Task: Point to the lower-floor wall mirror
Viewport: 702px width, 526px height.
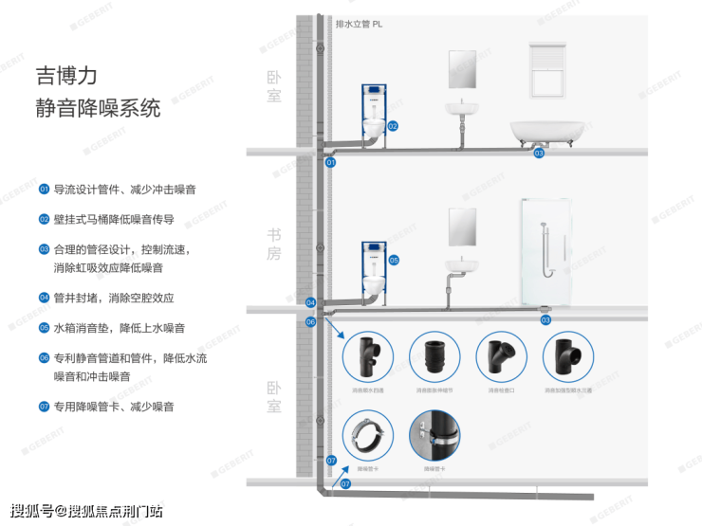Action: pos(463,227)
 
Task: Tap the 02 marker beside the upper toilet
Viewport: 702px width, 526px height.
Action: pos(392,126)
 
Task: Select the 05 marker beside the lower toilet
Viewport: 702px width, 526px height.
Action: pos(394,260)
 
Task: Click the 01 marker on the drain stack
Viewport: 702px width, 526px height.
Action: pos(331,163)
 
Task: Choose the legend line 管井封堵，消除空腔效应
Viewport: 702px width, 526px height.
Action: pos(113,298)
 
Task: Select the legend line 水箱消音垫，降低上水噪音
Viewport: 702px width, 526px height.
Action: pos(118,328)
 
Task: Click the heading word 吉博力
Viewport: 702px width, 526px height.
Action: pos(66,75)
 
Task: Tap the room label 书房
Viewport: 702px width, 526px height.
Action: pos(274,244)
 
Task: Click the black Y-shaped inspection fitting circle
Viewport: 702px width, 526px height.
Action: pos(501,356)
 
